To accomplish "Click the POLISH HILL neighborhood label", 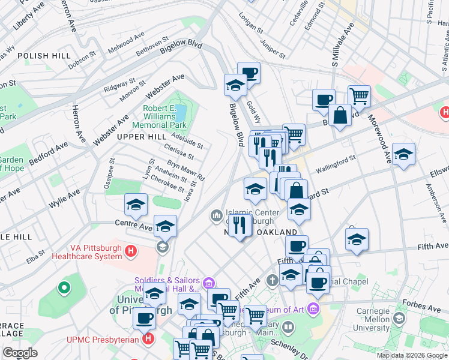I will click(41, 55).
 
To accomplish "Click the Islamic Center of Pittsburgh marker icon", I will click(216, 214).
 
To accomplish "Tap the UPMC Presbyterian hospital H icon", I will click(148, 339).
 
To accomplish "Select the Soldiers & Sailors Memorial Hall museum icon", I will click(208, 283).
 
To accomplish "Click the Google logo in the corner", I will click(20, 353).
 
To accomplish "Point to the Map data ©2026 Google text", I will click(412, 355).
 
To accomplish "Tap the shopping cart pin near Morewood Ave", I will click(359, 95).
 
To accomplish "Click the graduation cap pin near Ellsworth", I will click(403, 154).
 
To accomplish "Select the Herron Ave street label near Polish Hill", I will click(67, 19).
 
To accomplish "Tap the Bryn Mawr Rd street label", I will click(185, 170).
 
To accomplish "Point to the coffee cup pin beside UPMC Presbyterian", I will click(144, 318).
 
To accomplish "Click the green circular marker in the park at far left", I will click(64, 289).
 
